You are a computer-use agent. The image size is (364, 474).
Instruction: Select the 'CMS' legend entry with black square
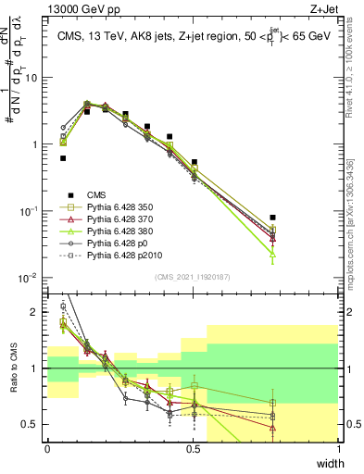click(98, 193)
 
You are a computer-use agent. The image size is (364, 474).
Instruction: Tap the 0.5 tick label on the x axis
click(193, 449)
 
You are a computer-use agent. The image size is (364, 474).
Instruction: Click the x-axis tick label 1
click(339, 449)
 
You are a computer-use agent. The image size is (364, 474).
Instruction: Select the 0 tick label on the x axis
click(47, 449)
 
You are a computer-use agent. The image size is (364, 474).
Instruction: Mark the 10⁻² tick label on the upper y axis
click(31, 278)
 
